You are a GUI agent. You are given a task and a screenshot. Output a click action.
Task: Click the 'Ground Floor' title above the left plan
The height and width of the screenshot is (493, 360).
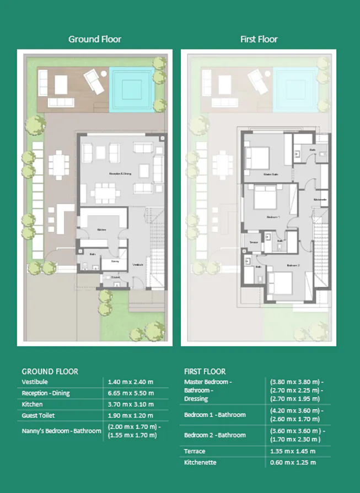[94, 39]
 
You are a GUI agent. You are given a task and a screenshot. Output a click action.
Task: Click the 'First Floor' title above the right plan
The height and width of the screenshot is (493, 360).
[259, 39]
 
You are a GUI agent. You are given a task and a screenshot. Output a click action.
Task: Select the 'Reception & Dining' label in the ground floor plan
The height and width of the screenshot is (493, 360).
[120, 174]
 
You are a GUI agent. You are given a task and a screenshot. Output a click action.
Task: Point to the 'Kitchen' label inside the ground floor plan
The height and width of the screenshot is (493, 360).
[101, 229]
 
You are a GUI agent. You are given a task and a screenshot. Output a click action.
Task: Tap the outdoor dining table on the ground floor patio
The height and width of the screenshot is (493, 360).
[57, 164]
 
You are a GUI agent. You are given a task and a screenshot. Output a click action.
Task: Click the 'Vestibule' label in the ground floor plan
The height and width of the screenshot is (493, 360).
[138, 265]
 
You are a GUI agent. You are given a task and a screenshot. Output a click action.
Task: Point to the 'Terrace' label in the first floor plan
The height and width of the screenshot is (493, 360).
[254, 243]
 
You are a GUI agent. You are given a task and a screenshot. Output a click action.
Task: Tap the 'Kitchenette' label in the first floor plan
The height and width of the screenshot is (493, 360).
[320, 199]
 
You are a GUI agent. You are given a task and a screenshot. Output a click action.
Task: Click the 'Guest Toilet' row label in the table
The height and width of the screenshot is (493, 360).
[38, 415]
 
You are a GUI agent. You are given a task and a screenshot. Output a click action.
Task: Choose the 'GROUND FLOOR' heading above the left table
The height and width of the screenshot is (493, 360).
[50, 372]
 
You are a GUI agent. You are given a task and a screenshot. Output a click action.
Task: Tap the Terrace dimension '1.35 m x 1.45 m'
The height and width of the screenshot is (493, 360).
[293, 451]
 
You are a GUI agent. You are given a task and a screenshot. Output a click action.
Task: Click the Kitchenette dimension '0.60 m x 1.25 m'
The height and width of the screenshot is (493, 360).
[293, 463]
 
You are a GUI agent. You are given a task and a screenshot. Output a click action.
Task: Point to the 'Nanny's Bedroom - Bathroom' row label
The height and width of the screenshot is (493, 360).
[61, 431]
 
